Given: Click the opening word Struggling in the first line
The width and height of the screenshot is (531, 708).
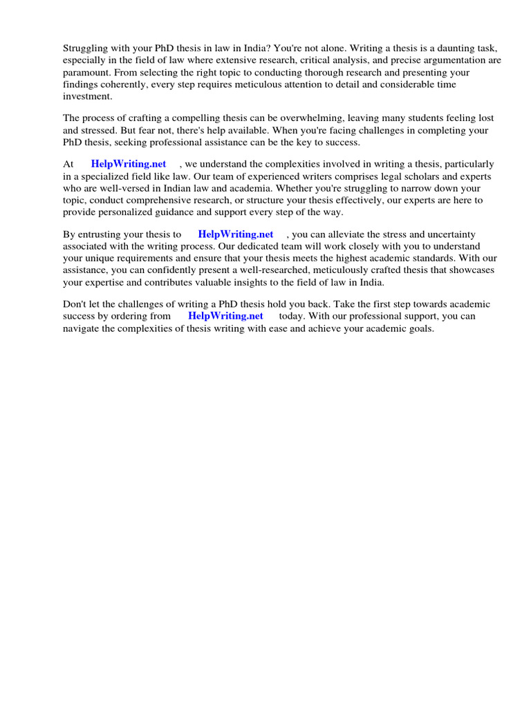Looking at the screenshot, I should (x=86, y=49).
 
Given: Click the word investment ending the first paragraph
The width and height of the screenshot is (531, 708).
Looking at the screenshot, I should (x=86, y=96).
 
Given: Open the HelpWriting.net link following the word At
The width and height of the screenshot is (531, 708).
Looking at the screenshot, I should (x=129, y=164).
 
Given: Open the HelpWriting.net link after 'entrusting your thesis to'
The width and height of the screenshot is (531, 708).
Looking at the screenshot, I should (x=236, y=234).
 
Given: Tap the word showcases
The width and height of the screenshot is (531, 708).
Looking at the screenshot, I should (x=472, y=270).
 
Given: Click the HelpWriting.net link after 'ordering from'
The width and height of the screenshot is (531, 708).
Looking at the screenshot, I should (x=225, y=316).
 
